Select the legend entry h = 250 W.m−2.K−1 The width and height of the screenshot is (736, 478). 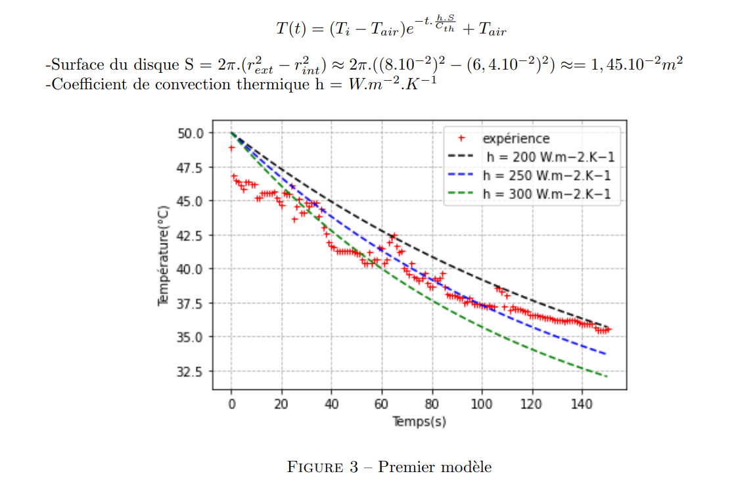[x=547, y=175]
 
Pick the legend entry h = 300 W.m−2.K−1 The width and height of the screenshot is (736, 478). [x=547, y=194]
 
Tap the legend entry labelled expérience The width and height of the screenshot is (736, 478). [x=516, y=139]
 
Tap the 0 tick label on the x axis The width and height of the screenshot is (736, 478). [x=232, y=404]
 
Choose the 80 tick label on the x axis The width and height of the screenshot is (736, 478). [x=432, y=404]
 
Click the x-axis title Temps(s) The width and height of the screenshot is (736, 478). [x=419, y=421]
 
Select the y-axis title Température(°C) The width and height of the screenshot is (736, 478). [x=164, y=255]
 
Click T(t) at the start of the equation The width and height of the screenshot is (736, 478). [x=290, y=29]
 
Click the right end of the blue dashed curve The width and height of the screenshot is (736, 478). [x=605, y=354]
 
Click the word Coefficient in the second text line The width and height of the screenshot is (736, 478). [x=83, y=84]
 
